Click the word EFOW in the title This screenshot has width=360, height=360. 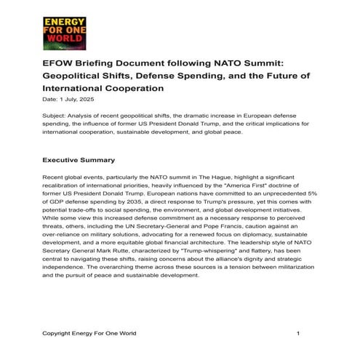[x=60, y=63]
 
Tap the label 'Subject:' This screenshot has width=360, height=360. [x=55, y=115]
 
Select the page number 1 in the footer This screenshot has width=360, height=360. [x=298, y=333]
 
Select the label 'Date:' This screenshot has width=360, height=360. [x=51, y=99]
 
